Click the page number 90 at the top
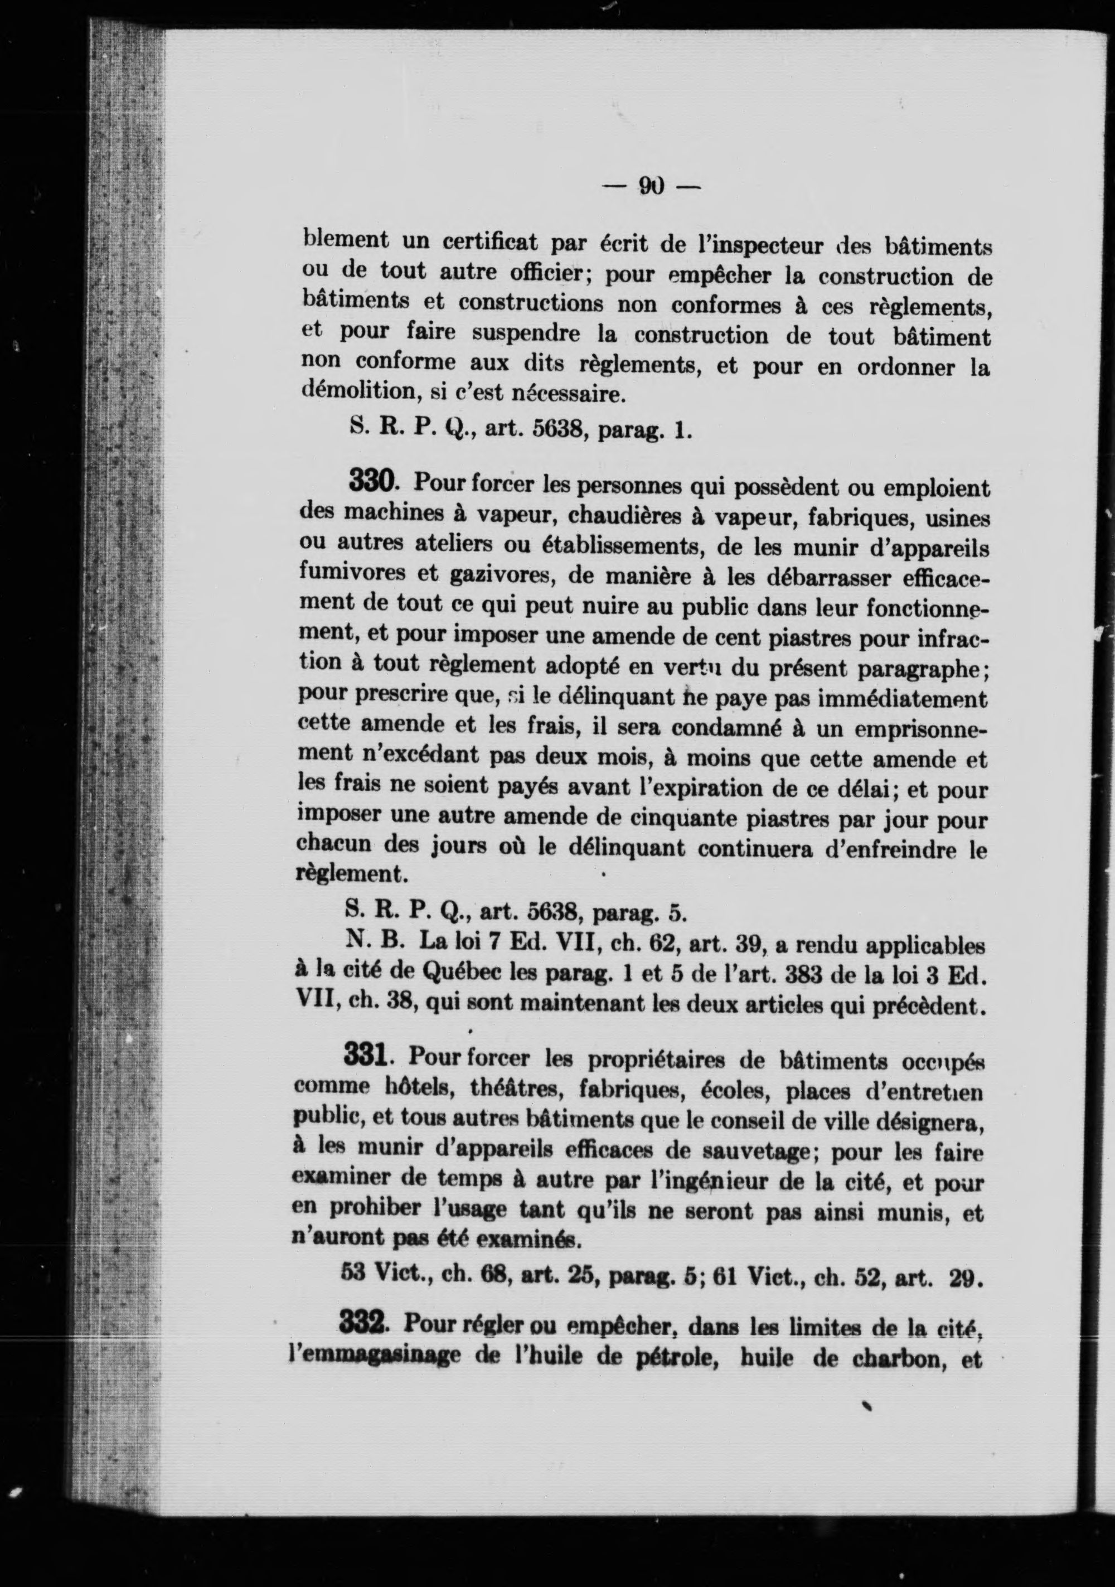point(651,185)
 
